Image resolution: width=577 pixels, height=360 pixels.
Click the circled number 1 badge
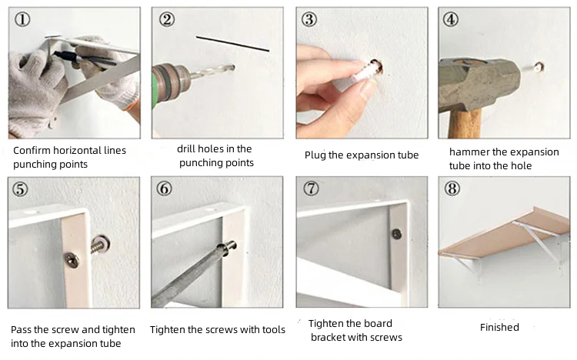(22, 18)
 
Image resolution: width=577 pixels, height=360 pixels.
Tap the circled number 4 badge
(450, 19)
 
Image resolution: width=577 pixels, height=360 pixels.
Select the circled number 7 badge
(311, 188)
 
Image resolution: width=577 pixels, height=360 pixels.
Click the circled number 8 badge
(452, 188)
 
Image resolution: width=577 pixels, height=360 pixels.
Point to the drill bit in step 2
(212, 71)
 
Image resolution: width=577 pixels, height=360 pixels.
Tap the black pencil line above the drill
(232, 43)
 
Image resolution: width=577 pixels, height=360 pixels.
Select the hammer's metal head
(479, 84)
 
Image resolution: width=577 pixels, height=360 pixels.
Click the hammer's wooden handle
(465, 123)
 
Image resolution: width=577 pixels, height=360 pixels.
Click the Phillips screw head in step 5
(72, 259)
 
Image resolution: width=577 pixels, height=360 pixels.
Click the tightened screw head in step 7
(396, 234)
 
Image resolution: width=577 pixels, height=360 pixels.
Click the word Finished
(499, 327)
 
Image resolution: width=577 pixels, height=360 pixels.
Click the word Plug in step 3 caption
(315, 155)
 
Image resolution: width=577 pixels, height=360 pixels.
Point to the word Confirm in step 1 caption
(32, 150)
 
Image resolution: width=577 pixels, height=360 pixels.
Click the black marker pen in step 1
(85, 59)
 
